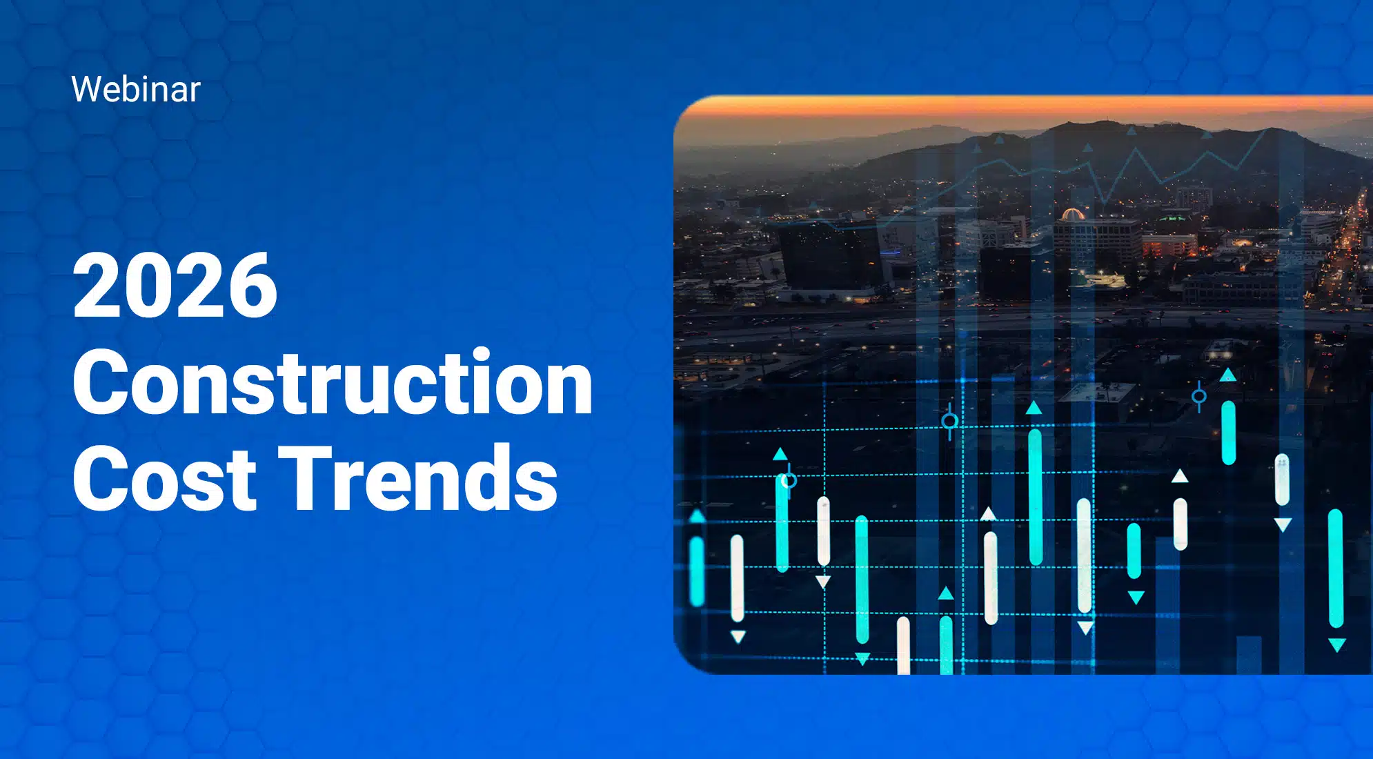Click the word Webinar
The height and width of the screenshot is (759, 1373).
pos(136,90)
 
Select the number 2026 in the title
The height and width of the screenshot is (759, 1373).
pos(175,286)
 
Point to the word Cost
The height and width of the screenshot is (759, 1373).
pos(164,477)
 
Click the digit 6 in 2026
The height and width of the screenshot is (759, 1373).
pos(252,286)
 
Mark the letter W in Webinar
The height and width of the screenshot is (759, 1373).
pos(88,90)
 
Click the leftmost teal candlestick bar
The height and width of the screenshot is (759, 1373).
pos(697,571)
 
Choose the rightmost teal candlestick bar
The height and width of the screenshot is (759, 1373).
pos(1336,568)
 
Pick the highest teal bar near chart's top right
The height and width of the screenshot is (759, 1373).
pos(1228,433)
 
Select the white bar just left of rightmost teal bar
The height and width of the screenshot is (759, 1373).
pos(1282,480)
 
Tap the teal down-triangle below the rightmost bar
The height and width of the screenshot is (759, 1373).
pos(1337,645)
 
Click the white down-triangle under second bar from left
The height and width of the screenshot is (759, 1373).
pos(738,636)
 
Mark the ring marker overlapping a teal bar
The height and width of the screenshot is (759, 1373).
pos(789,480)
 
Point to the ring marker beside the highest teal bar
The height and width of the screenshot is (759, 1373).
pos(1199,396)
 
